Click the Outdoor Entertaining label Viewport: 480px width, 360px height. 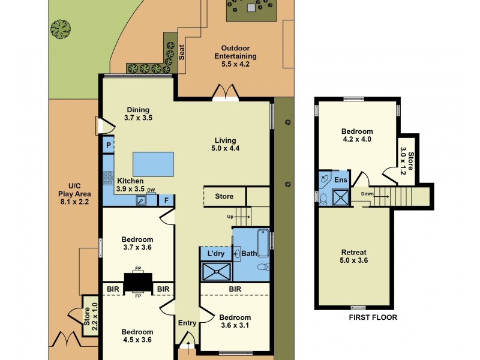point(235,52)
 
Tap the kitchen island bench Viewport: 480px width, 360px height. point(152,163)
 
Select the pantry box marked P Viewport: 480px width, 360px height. point(109,145)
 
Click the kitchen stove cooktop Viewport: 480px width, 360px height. point(109,178)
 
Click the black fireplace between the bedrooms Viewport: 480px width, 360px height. point(138,282)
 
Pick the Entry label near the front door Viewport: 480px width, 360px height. point(187,323)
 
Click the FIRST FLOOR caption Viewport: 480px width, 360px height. point(372,317)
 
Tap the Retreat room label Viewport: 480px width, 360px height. point(353,252)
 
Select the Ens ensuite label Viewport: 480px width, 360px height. point(341,180)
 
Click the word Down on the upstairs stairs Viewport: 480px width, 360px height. point(367,193)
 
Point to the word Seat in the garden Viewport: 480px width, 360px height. point(181,52)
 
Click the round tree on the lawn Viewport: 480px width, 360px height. point(61,28)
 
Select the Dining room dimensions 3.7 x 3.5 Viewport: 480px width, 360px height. point(138,118)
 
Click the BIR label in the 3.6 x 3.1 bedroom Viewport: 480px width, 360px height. point(235,289)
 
